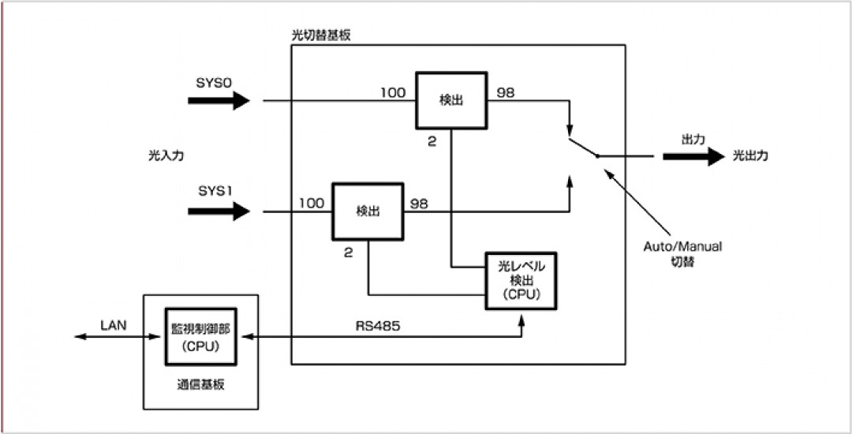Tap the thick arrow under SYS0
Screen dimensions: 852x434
219,100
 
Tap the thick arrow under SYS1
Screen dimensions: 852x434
219,211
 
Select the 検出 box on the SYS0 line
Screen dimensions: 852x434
451,101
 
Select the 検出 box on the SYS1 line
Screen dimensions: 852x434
368,211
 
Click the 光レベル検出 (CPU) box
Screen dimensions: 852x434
521,281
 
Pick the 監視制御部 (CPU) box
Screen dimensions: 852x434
200,337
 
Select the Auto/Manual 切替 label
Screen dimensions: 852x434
682,253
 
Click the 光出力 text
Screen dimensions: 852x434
750,156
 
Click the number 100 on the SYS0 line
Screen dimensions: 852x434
392,93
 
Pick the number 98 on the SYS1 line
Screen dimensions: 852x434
419,204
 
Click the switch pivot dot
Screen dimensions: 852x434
597,156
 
